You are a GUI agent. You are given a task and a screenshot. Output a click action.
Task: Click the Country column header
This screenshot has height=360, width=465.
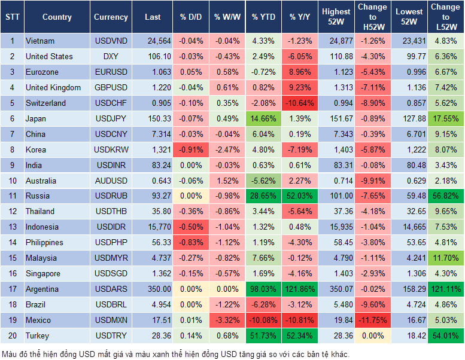(x=57, y=17)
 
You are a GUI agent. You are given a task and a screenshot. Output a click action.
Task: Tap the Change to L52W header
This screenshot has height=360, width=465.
(x=445, y=17)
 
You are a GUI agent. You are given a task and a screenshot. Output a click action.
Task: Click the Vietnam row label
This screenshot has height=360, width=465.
(x=40, y=41)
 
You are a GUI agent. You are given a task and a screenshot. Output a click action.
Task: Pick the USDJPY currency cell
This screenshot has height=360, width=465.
(x=111, y=118)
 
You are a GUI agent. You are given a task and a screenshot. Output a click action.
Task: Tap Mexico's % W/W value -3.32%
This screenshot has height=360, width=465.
(x=227, y=320)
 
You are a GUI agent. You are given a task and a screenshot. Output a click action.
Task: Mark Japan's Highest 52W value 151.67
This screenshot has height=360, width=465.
(x=336, y=118)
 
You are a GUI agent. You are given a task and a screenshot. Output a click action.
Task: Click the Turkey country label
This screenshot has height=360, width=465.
(x=38, y=335)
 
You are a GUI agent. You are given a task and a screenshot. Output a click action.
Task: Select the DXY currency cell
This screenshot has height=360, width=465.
(x=111, y=56)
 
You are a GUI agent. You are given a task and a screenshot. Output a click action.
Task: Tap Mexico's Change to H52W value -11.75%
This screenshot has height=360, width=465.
(x=372, y=320)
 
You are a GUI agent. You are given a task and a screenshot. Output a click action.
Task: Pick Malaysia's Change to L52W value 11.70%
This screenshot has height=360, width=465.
(x=445, y=258)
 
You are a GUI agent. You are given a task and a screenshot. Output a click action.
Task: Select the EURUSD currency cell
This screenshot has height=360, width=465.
(x=111, y=72)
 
